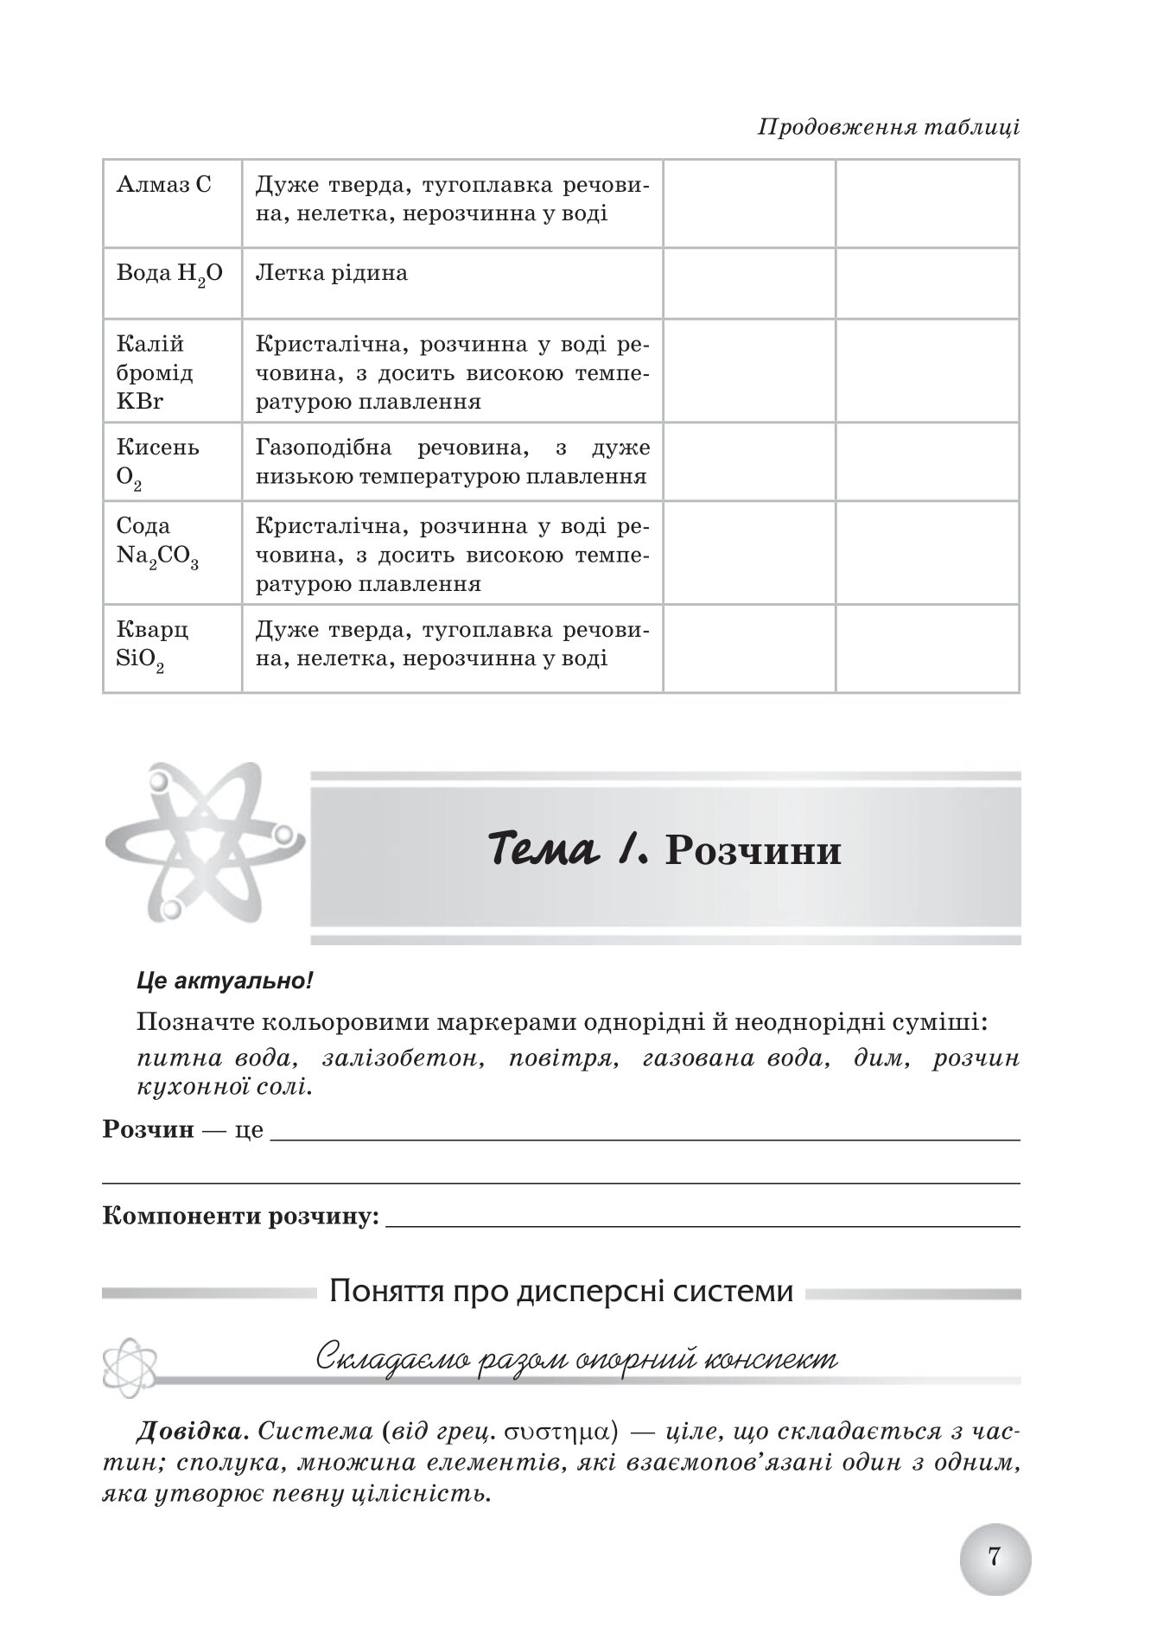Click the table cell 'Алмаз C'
(x=163, y=185)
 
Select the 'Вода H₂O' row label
(x=169, y=274)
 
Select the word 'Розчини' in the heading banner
(x=753, y=851)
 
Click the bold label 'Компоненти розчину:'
(x=241, y=1217)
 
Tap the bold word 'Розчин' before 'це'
(x=148, y=1129)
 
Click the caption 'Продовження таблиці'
(x=888, y=128)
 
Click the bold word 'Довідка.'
(x=193, y=1432)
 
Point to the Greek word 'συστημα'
(x=553, y=1432)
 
